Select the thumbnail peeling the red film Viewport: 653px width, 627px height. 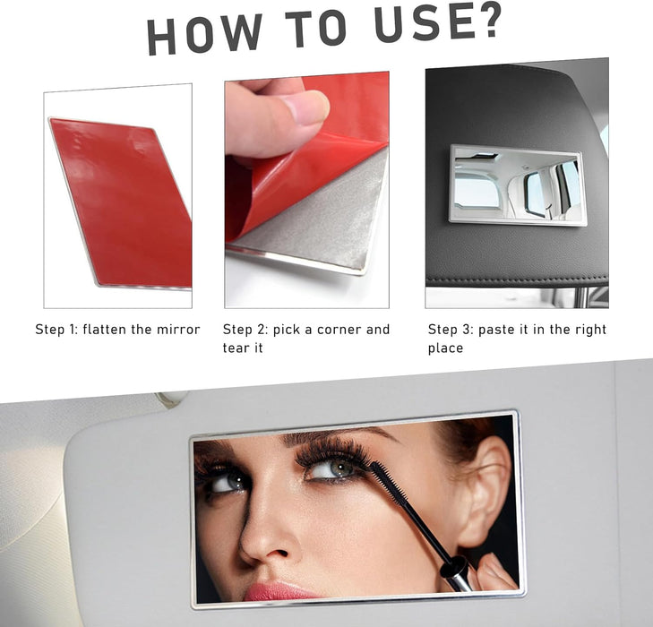[x=307, y=190]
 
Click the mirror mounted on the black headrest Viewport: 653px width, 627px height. [x=518, y=185]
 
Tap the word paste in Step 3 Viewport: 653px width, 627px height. [x=495, y=330]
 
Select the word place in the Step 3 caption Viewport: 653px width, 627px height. [x=445, y=348]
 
